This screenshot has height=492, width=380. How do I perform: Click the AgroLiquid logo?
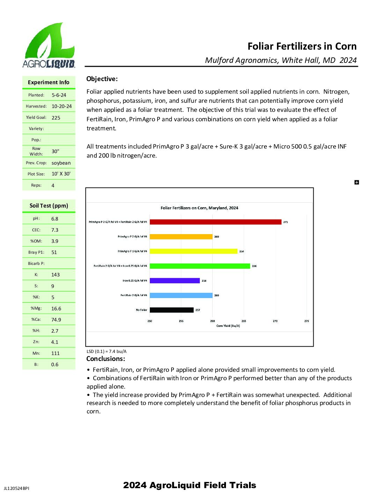[x=49, y=45]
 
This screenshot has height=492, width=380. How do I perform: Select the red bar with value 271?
[x=215, y=222]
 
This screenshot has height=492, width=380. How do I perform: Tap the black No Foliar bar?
[x=171, y=310]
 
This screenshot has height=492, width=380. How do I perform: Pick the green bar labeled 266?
[x=200, y=266]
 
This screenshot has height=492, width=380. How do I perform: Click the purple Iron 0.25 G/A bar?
[x=175, y=281]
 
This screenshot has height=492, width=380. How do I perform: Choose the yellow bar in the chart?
[x=193, y=251]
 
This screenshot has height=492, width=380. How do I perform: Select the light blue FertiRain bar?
[x=181, y=295]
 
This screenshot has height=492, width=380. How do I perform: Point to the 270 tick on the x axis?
[x=275, y=321]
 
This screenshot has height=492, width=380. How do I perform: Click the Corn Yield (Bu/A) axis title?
[x=228, y=326]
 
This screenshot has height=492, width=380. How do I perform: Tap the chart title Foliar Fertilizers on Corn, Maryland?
[x=199, y=208]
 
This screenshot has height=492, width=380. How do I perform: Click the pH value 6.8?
[x=55, y=219]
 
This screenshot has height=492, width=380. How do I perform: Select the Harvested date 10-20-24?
[x=62, y=106]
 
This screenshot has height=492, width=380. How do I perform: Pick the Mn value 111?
[x=56, y=353]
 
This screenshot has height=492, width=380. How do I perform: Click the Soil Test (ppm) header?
[x=49, y=205]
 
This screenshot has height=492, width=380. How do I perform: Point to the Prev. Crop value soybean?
[x=61, y=163]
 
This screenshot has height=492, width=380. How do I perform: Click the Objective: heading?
[x=102, y=79]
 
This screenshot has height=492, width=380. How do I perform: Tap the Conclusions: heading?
[x=105, y=359]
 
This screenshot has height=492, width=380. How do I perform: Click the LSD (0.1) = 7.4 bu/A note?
[x=107, y=352]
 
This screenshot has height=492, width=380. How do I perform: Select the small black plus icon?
[x=357, y=182]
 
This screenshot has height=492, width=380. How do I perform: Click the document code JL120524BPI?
[x=16, y=488]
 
